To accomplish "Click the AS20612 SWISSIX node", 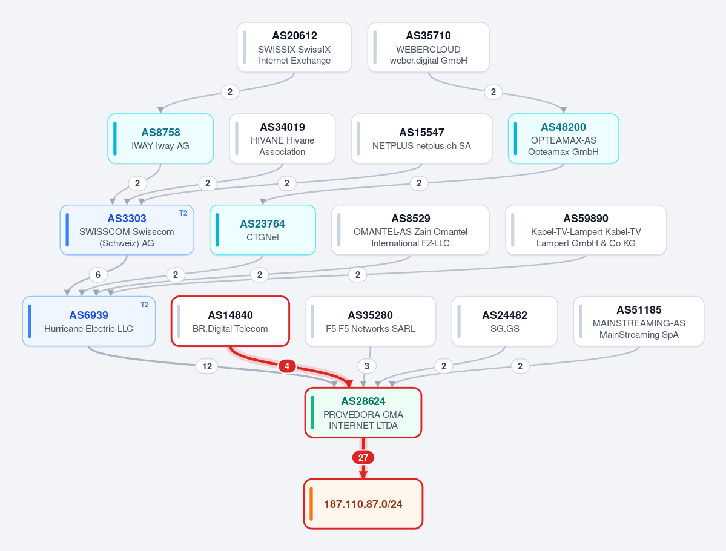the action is pyautogui.click(x=294, y=47).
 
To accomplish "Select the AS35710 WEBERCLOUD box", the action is pyautogui.click(x=428, y=47).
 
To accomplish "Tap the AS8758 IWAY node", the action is pyautogui.click(x=160, y=139).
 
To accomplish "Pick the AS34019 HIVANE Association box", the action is pyautogui.click(x=282, y=139).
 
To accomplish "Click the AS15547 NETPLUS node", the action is pyautogui.click(x=422, y=139).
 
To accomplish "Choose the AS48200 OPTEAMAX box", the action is pyautogui.click(x=564, y=139).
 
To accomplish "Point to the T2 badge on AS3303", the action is pyautogui.click(x=183, y=213).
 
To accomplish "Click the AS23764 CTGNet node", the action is pyautogui.click(x=263, y=229).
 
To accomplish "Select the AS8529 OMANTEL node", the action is pyautogui.click(x=411, y=229).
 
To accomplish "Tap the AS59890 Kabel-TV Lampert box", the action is pyautogui.click(x=586, y=229).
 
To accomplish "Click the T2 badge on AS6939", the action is pyautogui.click(x=145, y=304).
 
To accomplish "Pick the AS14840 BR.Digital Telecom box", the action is pyautogui.click(x=230, y=322).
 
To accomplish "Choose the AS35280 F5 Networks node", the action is pyautogui.click(x=371, y=322).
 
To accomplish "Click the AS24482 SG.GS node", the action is pyautogui.click(x=504, y=322).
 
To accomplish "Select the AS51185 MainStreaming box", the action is pyautogui.click(x=639, y=322).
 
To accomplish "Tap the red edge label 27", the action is pyautogui.click(x=363, y=458).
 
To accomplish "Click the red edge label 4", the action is pyautogui.click(x=287, y=366).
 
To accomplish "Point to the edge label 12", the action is pyautogui.click(x=207, y=366).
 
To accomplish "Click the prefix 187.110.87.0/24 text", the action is pyautogui.click(x=363, y=504).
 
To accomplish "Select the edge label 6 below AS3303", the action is pyautogui.click(x=98, y=274).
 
